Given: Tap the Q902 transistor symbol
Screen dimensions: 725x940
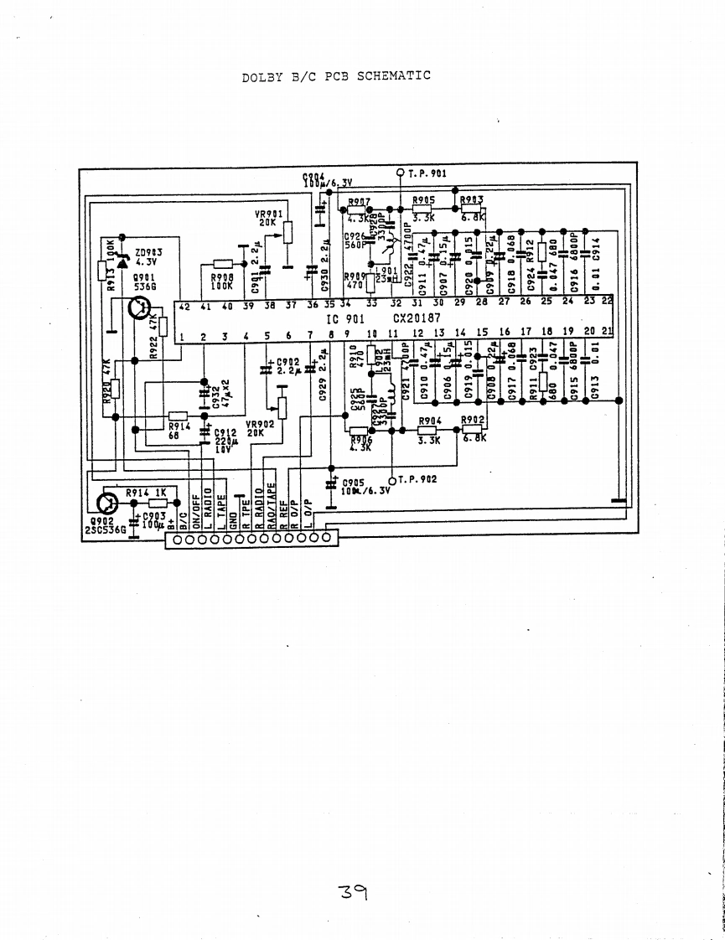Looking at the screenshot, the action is [x=107, y=504].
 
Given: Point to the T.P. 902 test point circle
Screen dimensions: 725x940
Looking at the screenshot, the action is [x=391, y=480].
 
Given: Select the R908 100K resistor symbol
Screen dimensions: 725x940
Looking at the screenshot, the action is [x=223, y=264].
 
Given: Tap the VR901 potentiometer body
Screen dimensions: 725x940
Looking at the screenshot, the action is [x=288, y=232].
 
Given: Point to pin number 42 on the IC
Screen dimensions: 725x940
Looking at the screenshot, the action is [x=184, y=306].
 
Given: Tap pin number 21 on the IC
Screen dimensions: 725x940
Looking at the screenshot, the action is [x=608, y=333].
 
